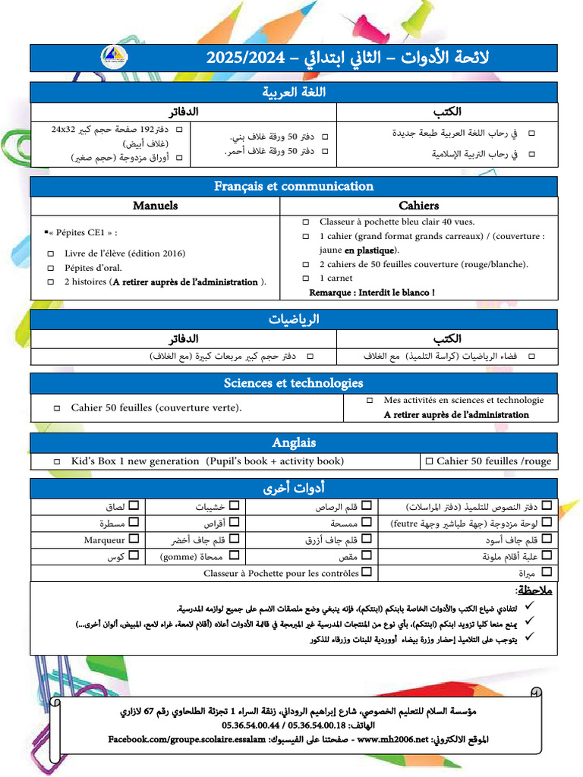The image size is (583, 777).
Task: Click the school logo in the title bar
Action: [x=114, y=58]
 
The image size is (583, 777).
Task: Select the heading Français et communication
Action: [x=293, y=186]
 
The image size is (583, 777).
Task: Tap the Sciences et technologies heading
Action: [x=293, y=382]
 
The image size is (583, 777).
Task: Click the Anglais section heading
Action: [x=293, y=442]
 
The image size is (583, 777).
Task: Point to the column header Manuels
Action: [x=155, y=206]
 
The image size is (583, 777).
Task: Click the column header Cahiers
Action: [x=418, y=206]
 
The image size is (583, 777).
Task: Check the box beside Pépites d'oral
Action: [x=51, y=268]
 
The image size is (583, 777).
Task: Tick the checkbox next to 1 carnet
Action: [x=306, y=278]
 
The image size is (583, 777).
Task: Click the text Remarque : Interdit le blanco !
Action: [x=372, y=292]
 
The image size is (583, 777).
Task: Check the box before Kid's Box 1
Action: [x=57, y=461]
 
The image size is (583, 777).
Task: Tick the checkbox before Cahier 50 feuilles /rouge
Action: [x=429, y=461]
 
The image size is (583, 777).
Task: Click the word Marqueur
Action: [x=104, y=540]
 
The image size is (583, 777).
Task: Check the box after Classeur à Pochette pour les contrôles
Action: [x=367, y=573]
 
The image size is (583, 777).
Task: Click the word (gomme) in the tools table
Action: [x=178, y=557]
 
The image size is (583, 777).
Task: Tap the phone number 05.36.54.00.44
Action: [x=253, y=725]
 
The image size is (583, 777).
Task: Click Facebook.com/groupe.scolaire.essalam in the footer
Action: [x=187, y=738]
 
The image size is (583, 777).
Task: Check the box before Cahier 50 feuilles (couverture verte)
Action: [x=57, y=408]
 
